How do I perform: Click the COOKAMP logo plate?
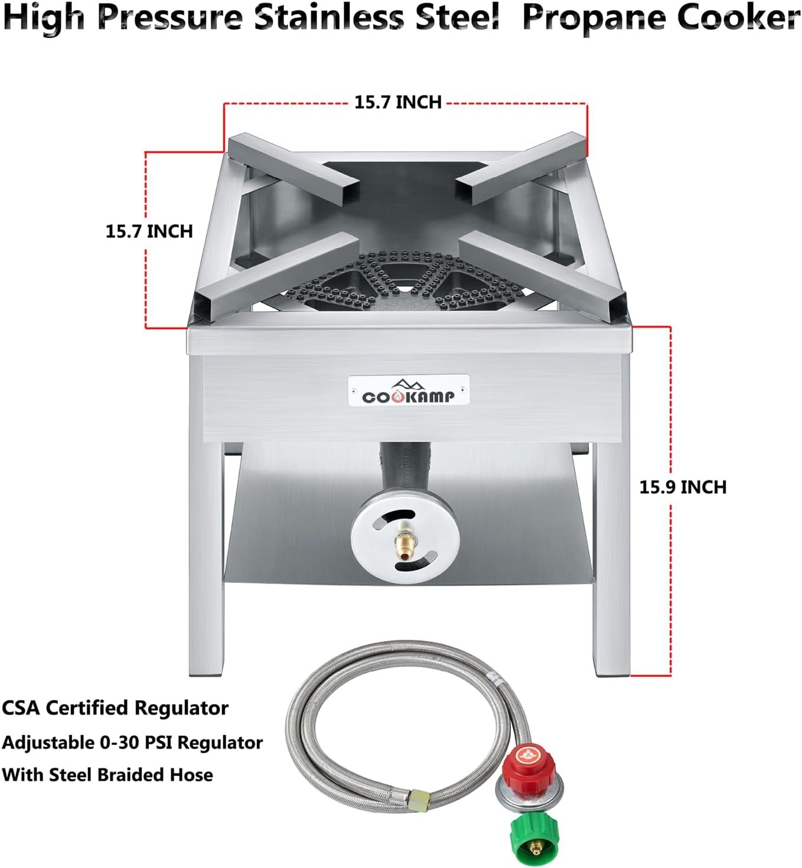409,390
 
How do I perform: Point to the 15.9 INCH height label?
683,487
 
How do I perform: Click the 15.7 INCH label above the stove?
397,102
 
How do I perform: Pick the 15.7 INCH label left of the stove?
149,231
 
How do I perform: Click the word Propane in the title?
594,19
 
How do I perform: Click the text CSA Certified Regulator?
115,707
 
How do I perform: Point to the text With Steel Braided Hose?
107,774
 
